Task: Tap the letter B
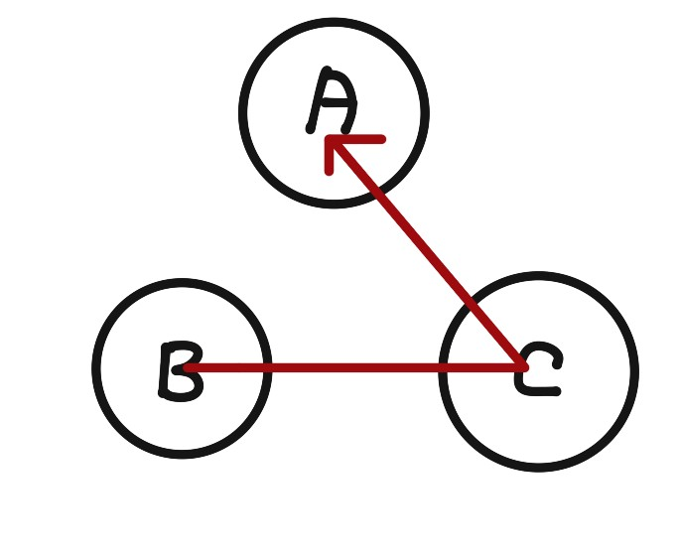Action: [181, 370]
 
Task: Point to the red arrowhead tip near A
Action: [330, 141]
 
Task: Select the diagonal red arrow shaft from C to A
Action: [427, 253]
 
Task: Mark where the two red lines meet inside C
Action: [522, 367]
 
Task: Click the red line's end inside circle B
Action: [188, 368]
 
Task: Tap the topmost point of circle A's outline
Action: [334, 21]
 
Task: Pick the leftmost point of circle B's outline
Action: [96, 368]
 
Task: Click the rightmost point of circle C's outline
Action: [634, 371]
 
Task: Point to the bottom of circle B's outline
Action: [183, 454]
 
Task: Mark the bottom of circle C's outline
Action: [539, 467]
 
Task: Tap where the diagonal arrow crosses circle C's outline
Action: [471, 304]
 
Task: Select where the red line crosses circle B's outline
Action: [267, 368]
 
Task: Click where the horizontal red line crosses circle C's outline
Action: [443, 368]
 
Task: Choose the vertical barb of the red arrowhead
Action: [329, 159]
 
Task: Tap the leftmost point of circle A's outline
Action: [242, 112]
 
